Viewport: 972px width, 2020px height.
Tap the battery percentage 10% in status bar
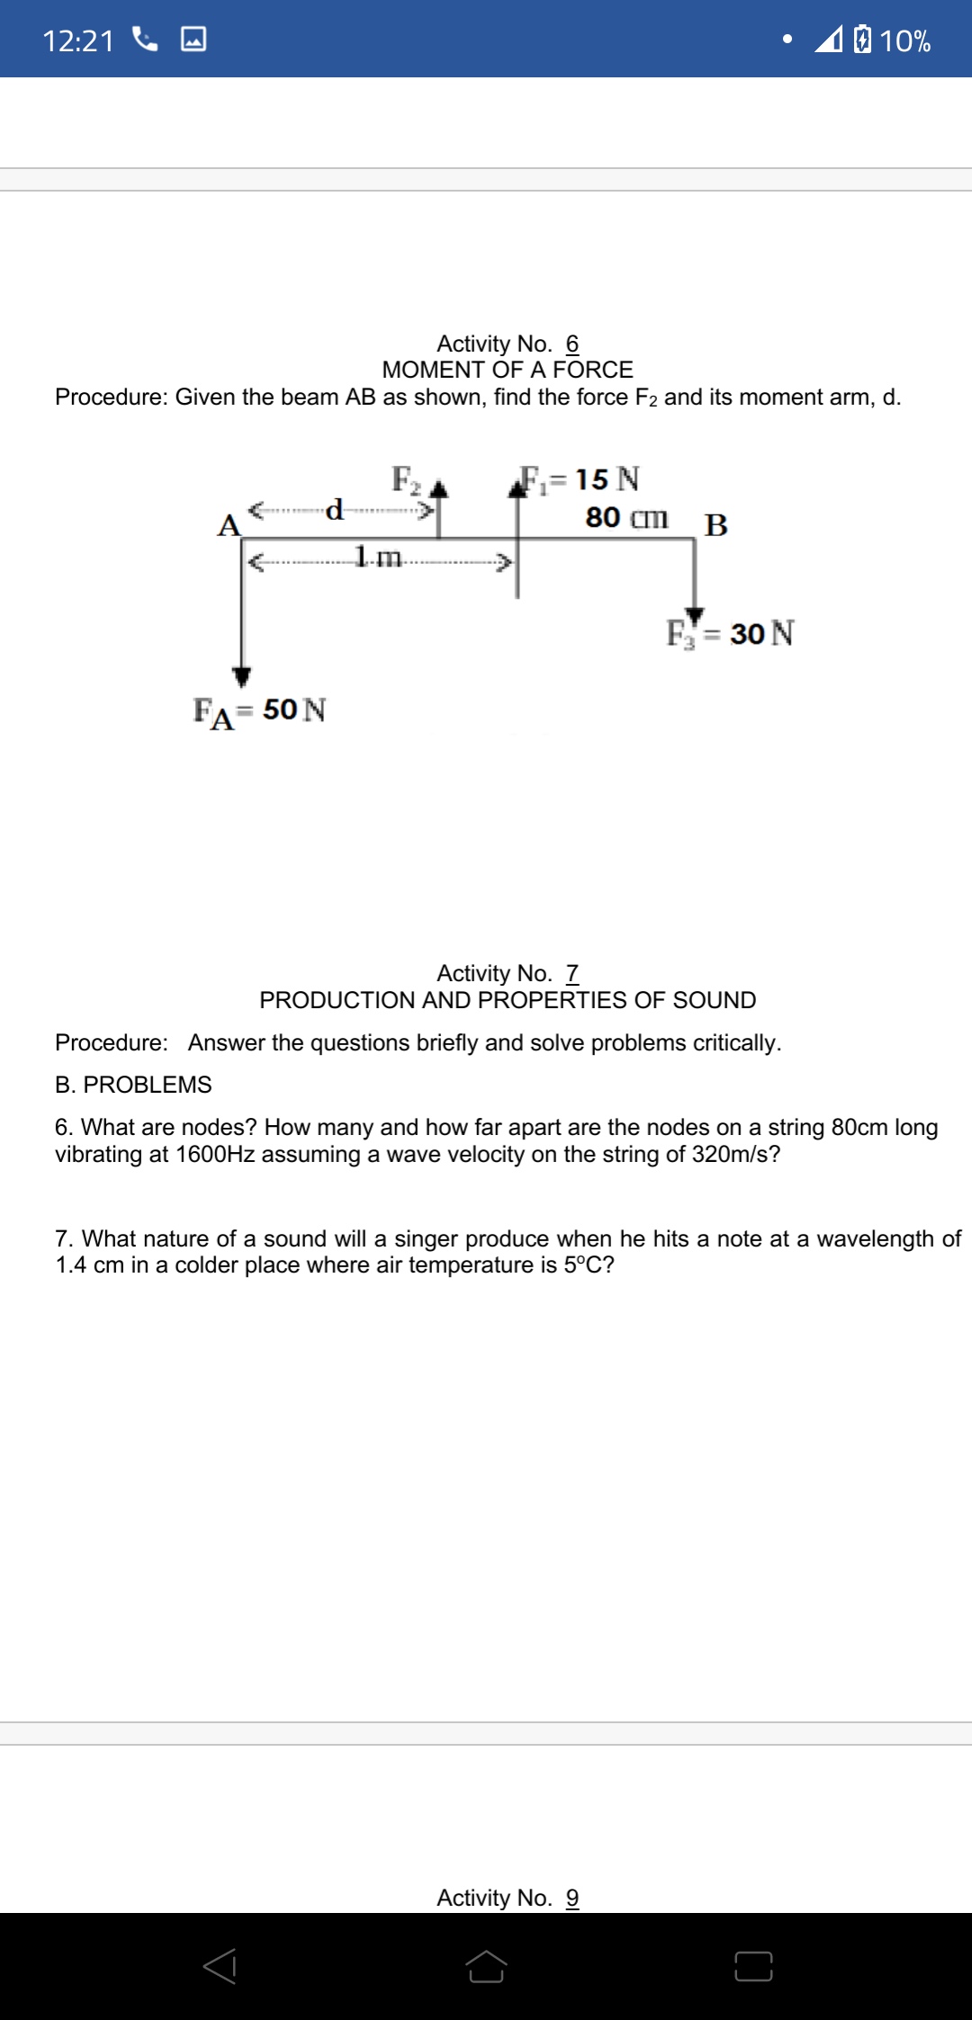point(904,40)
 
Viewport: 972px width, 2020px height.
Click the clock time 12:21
point(78,40)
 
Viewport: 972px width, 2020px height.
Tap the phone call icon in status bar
point(144,39)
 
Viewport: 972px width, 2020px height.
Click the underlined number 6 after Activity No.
point(572,344)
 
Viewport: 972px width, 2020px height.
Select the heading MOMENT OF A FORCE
point(508,370)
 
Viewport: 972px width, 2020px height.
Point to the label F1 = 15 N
point(581,479)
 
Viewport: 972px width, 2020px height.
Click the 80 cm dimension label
point(626,517)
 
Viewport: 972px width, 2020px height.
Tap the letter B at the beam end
point(716,524)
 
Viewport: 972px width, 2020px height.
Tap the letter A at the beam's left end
point(229,525)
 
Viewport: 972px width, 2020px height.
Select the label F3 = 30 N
point(730,633)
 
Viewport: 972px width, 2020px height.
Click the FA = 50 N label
point(260,711)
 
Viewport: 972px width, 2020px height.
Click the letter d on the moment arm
point(335,509)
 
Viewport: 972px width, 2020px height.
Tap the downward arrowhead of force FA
point(241,676)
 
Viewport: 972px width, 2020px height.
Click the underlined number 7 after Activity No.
point(572,973)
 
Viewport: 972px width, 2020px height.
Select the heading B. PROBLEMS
point(133,1085)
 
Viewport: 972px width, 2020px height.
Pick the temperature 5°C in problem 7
point(589,1265)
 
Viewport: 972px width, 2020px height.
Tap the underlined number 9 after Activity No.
point(572,1898)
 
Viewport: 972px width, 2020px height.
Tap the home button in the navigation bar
point(486,1966)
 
